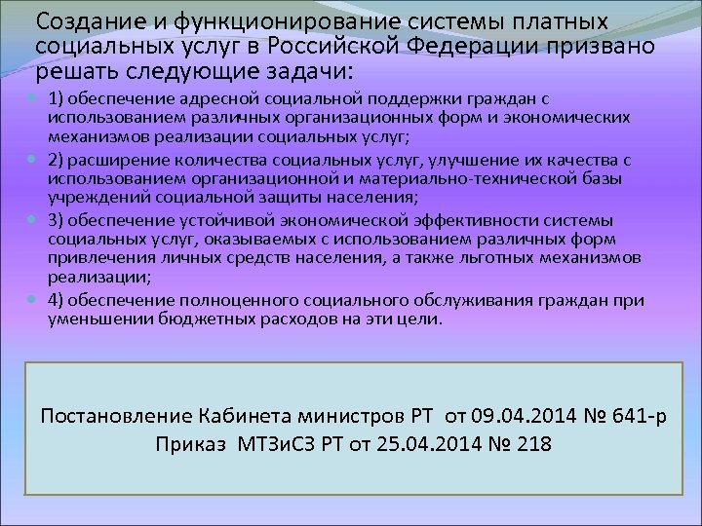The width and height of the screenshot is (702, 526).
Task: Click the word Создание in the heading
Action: click(x=85, y=20)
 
